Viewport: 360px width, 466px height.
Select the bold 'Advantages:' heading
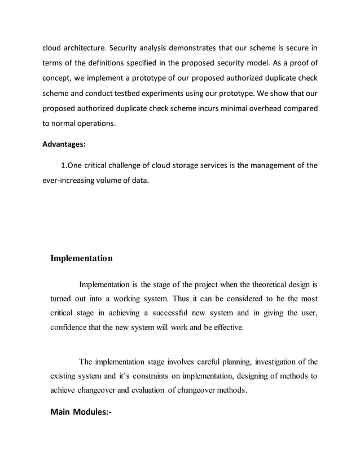[x=64, y=144]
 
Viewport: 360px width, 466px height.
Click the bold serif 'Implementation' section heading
[x=82, y=258]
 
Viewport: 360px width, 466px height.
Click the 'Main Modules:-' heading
[x=81, y=412]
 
